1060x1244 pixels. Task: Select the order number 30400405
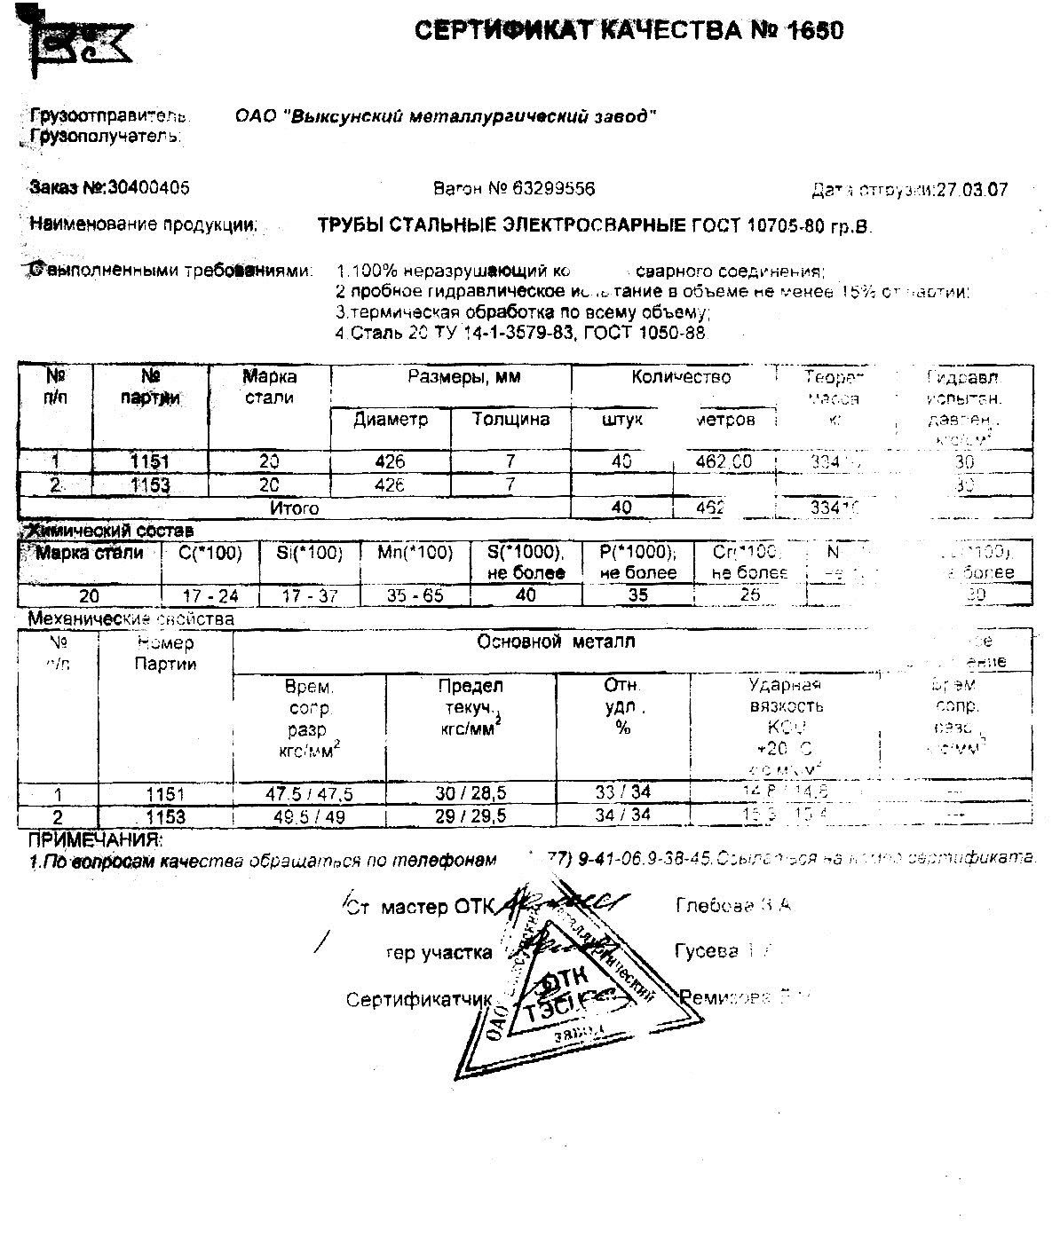[147, 188]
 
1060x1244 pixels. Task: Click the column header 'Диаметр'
[391, 419]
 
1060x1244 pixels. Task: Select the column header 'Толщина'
[510, 419]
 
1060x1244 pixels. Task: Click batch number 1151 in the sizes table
[150, 461]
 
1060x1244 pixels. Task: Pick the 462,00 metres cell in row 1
[724, 461]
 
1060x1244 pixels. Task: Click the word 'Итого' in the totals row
[295, 508]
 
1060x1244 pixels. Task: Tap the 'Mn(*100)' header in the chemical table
[415, 553]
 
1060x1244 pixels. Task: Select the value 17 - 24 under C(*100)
[209, 595]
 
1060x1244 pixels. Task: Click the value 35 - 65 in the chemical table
[415, 595]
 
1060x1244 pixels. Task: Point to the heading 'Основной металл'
[556, 641]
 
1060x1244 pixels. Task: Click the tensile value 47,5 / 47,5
[310, 794]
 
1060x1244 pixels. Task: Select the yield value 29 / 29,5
[471, 815]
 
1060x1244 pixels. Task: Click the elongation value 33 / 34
[622, 794]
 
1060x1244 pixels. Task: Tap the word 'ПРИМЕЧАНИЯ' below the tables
[95, 839]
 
